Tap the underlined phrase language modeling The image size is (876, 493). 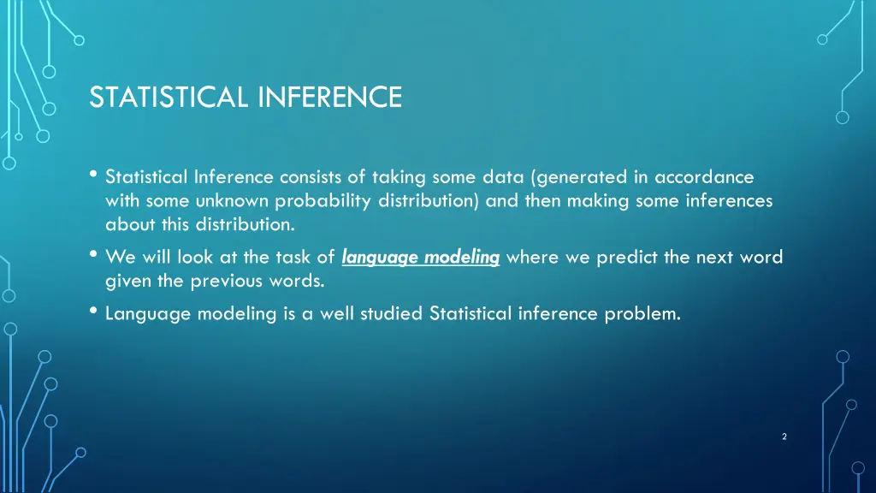point(420,258)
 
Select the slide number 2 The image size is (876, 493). point(784,437)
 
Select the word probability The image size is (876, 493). point(308,201)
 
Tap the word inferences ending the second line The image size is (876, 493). point(732,201)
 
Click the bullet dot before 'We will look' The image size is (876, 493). point(92,255)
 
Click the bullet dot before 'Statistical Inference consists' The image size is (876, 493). point(92,175)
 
